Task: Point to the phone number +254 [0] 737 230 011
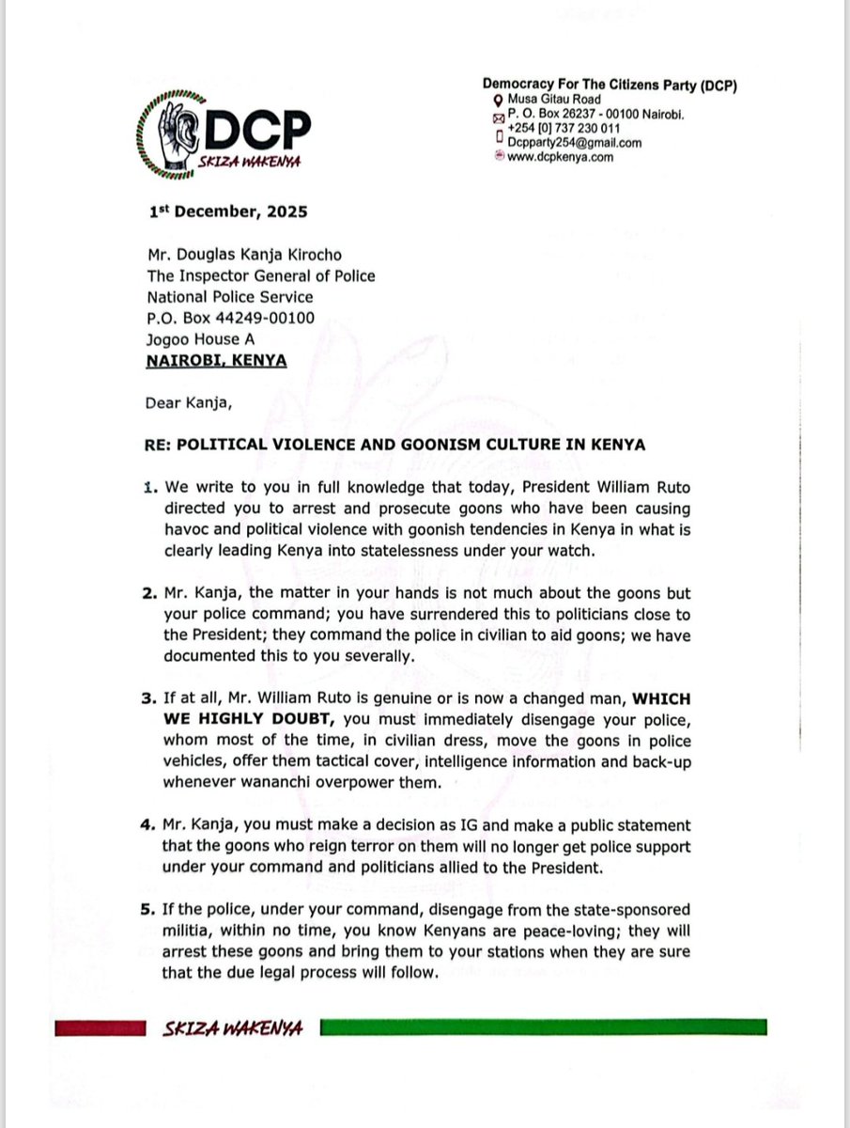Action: (x=563, y=128)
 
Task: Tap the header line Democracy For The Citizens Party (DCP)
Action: (x=610, y=86)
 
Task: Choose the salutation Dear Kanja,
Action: (x=188, y=403)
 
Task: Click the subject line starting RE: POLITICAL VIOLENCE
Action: (x=395, y=445)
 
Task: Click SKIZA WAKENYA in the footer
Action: (x=232, y=1028)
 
